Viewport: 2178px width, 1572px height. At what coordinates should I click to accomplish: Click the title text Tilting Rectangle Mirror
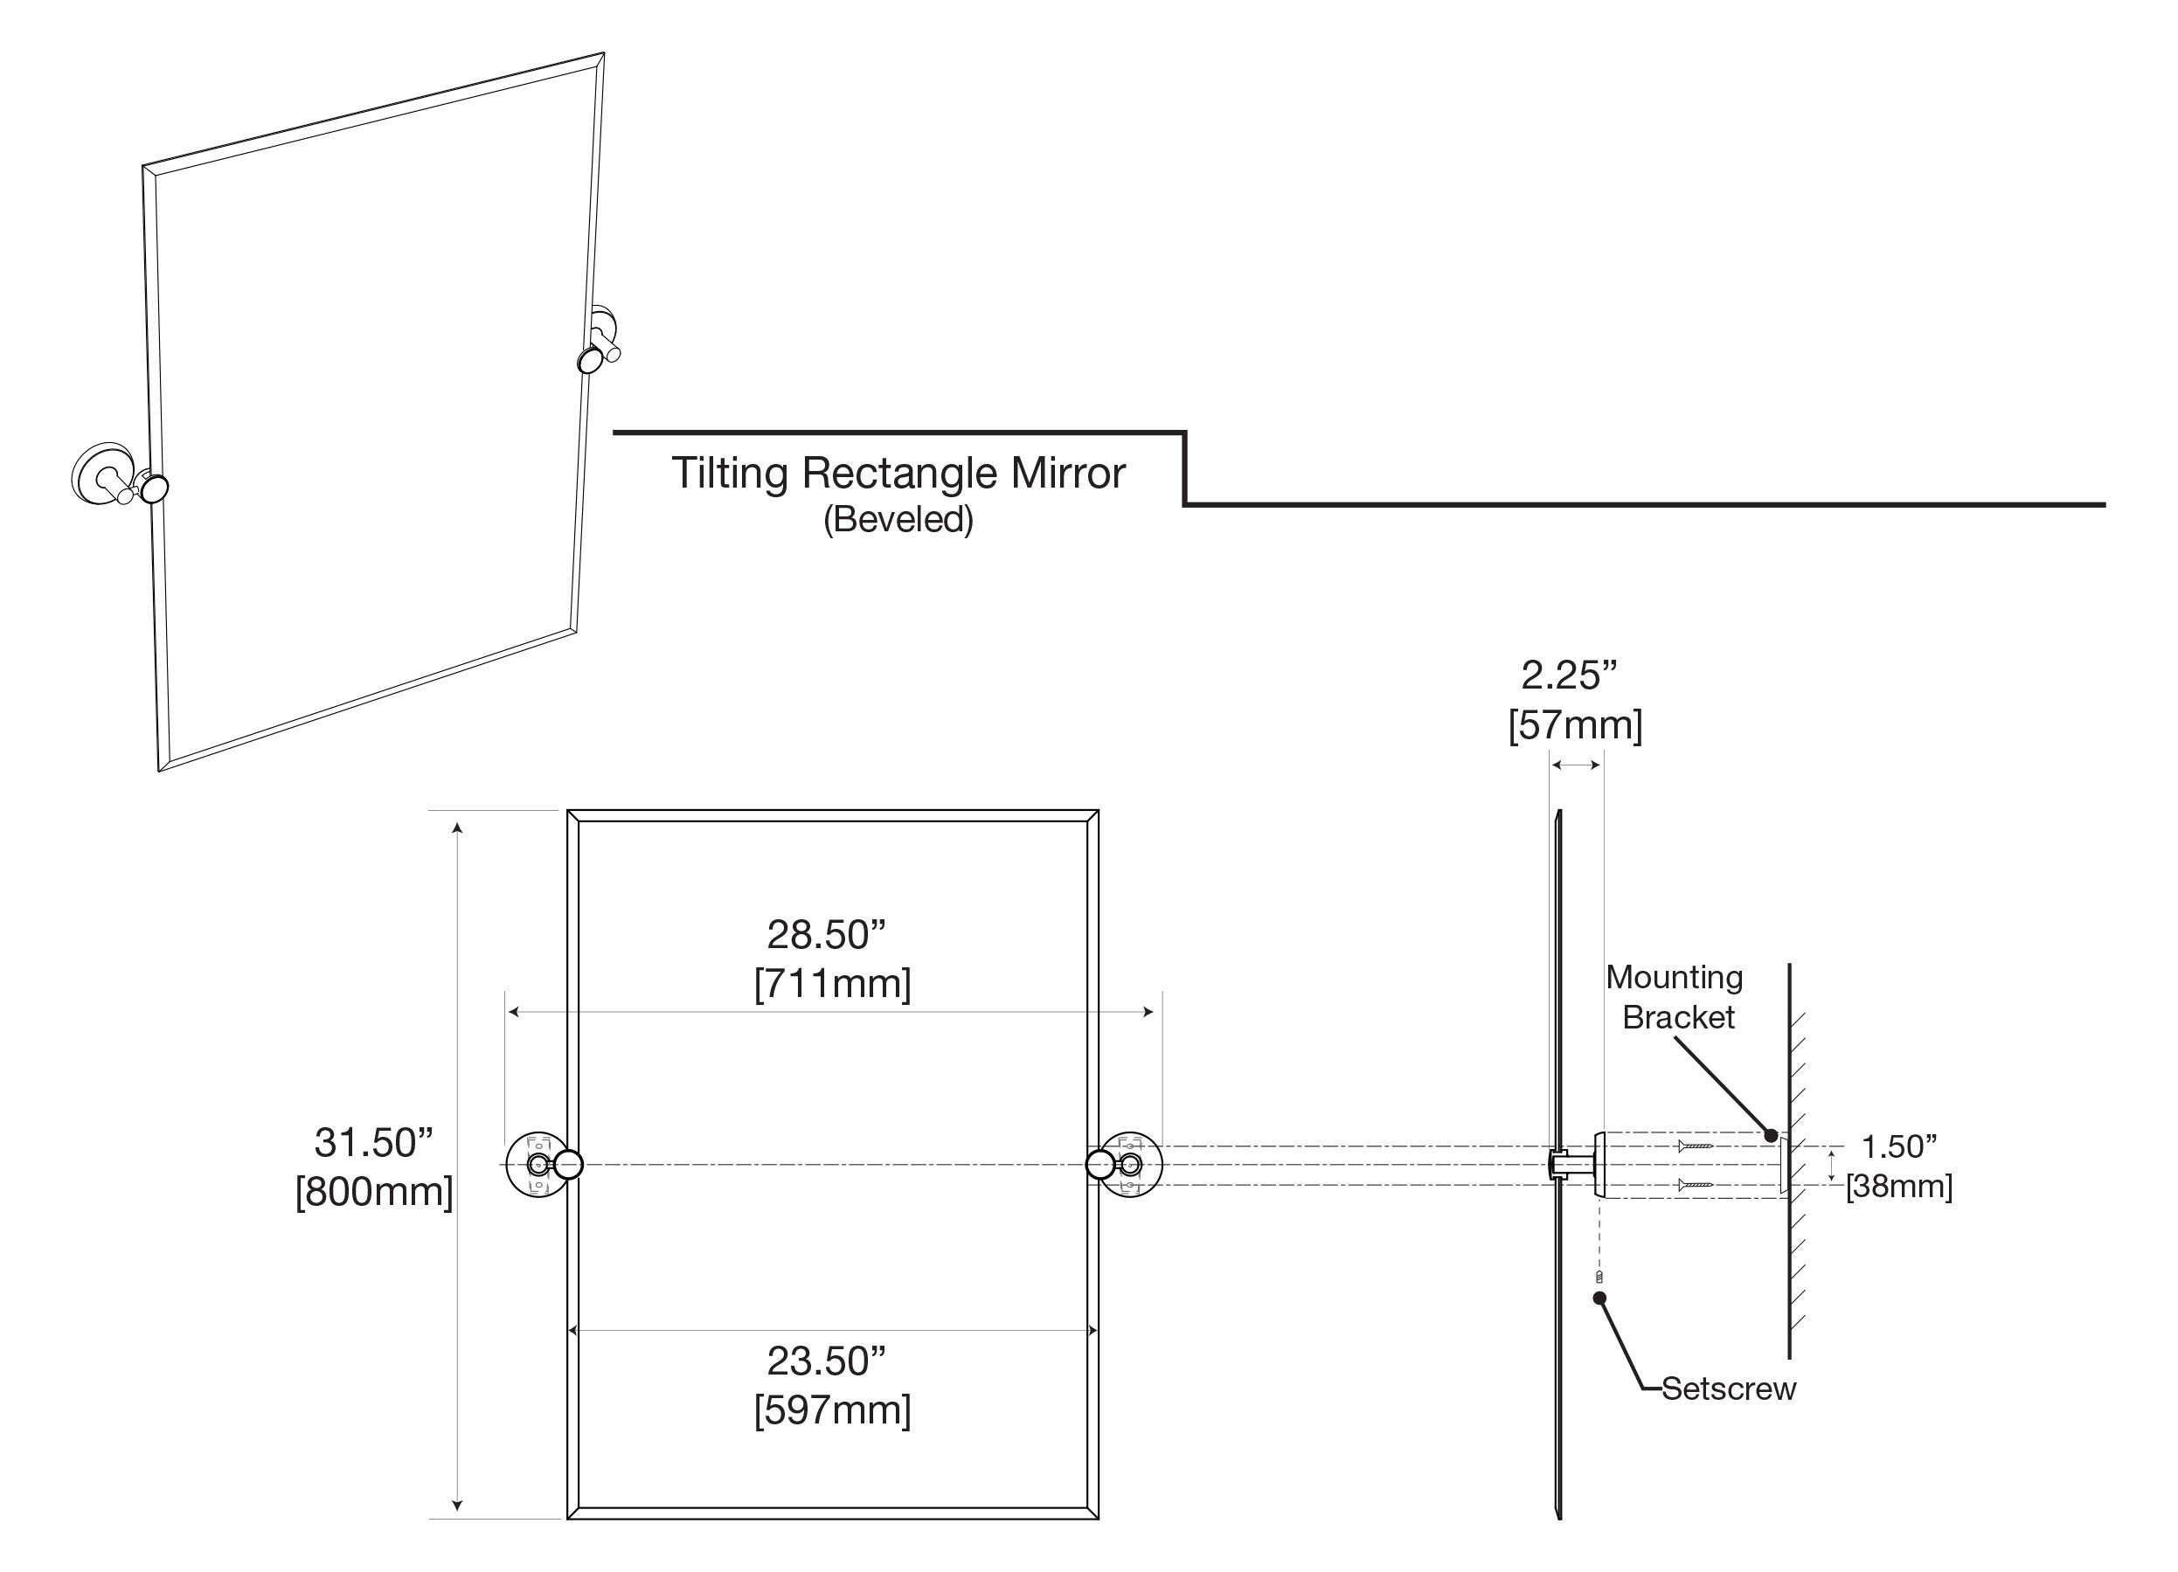[897, 474]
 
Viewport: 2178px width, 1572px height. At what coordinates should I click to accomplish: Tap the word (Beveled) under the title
[898, 520]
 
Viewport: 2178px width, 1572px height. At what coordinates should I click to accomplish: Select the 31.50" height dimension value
[373, 1143]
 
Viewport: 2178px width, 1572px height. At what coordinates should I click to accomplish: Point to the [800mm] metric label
[373, 1192]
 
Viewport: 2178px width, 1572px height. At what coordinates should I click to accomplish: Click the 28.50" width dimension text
[826, 934]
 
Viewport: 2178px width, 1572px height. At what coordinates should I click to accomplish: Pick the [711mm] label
[832, 983]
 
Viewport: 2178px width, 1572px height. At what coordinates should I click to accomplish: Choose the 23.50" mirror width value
[826, 1361]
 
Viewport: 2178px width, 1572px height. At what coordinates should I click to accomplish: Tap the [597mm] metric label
[832, 1409]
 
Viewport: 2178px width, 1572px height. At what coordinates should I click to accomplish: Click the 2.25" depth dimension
[1569, 676]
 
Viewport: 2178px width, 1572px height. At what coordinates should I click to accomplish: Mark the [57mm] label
[1575, 725]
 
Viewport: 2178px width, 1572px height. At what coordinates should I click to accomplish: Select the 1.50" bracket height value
[1898, 1146]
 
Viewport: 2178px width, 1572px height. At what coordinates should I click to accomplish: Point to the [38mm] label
[1898, 1187]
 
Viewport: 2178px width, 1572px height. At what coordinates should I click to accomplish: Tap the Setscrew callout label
[1728, 1388]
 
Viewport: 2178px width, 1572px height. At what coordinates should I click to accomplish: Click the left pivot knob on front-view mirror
[568, 1165]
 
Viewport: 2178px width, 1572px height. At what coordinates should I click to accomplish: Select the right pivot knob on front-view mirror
[1100, 1165]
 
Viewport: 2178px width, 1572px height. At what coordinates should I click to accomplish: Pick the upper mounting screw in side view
[1695, 1146]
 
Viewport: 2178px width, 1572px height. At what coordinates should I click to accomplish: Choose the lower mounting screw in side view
[1695, 1185]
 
